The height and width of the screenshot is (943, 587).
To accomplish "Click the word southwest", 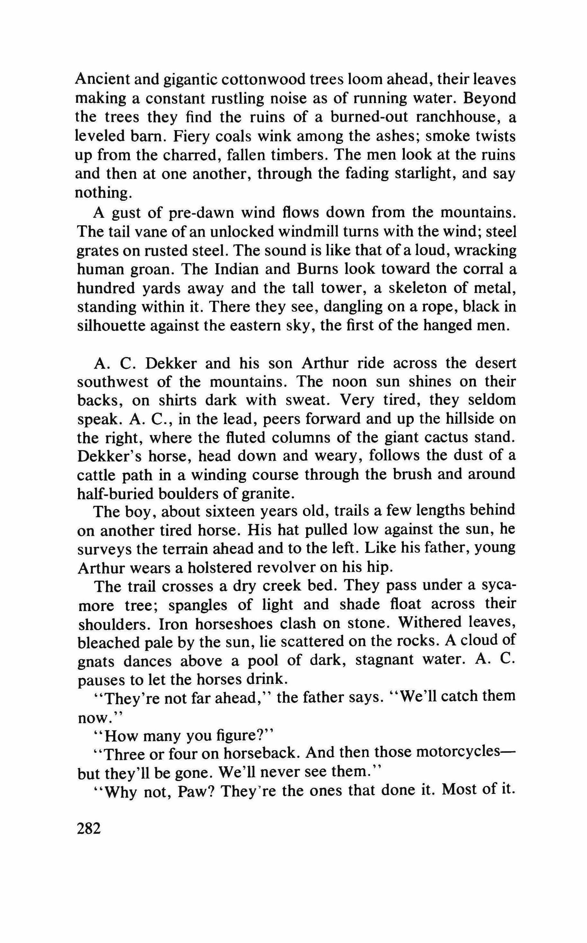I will click(x=113, y=382).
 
